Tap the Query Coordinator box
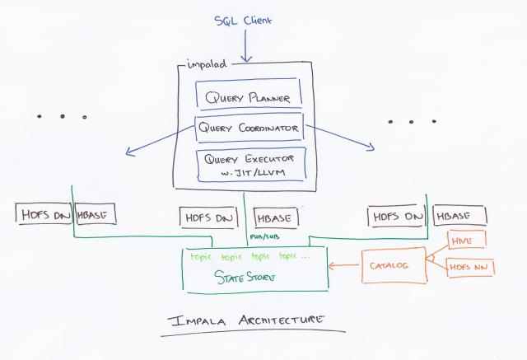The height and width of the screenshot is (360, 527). pos(248,129)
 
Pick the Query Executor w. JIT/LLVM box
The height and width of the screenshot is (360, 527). pos(249,164)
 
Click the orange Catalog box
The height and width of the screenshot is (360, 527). pos(387,265)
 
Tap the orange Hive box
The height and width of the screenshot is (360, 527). pos(465,241)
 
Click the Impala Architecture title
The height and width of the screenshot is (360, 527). pos(251,319)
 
